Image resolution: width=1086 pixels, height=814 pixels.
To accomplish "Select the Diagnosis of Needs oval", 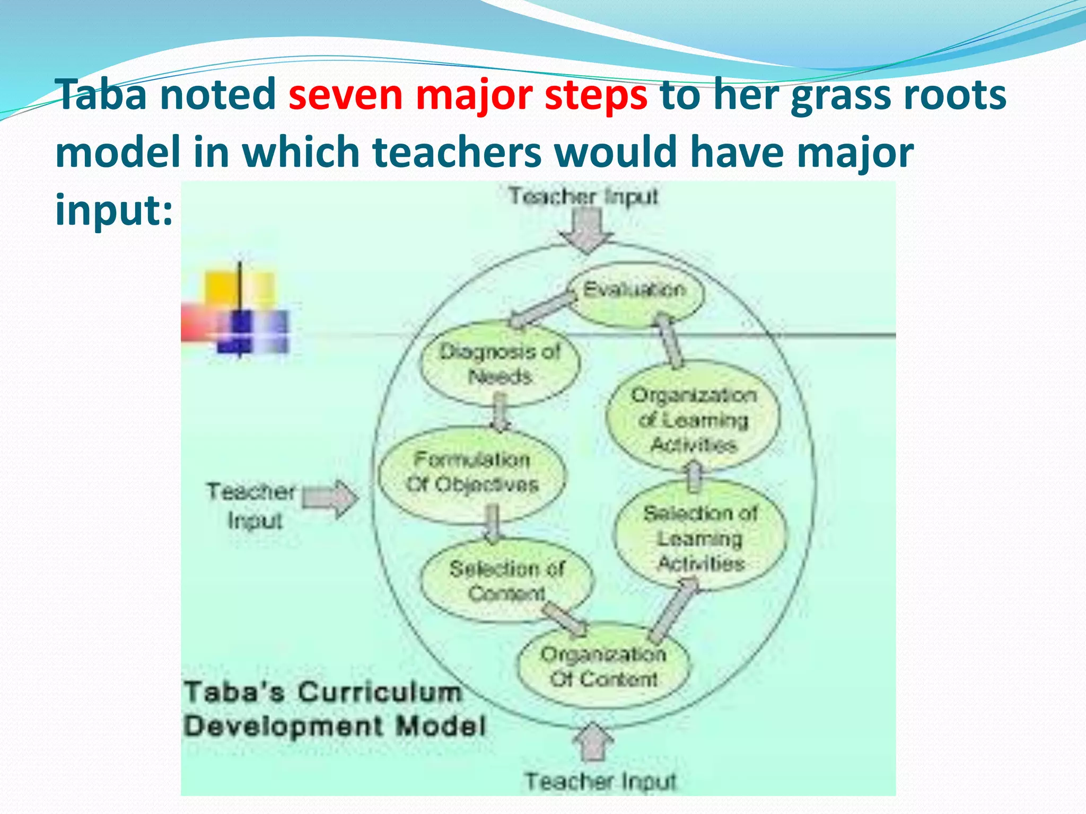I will tap(500, 364).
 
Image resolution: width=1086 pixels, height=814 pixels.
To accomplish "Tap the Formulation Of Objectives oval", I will tap(472, 473).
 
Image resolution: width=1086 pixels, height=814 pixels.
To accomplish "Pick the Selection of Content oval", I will tap(506, 580).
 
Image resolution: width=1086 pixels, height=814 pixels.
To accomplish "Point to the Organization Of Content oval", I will tap(603, 667).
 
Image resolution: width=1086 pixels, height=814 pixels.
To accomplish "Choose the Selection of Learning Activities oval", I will tap(700, 537).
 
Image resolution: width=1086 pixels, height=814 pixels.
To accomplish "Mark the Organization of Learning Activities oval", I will tap(694, 419).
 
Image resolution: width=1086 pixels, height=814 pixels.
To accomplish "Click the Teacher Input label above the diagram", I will tap(583, 197).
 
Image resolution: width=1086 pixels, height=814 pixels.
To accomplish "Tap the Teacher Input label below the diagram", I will tap(601, 781).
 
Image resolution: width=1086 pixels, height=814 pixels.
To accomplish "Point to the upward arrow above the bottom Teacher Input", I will tap(593, 742).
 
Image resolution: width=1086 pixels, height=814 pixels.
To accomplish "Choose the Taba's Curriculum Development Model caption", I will tap(334, 709).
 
